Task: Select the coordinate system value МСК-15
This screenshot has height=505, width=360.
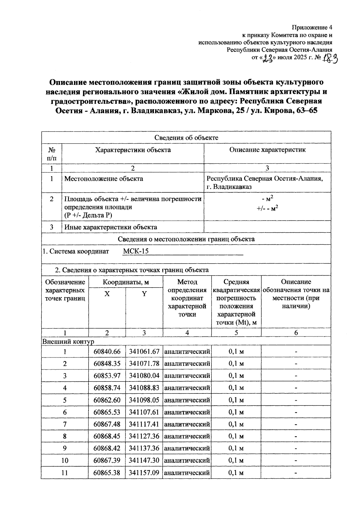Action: tap(136, 251)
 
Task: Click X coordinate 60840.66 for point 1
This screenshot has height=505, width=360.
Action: tap(107, 351)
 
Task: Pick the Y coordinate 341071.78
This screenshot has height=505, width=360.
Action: tap(144, 363)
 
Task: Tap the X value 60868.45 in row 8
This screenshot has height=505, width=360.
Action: tap(107, 436)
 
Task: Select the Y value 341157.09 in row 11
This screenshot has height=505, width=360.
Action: tap(144, 473)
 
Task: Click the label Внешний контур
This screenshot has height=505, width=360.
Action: tap(68, 342)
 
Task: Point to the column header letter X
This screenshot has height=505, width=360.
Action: tap(107, 294)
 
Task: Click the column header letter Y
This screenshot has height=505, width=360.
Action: tap(144, 294)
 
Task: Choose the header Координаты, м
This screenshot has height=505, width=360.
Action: tap(126, 282)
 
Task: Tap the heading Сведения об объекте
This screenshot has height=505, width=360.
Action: tap(186, 138)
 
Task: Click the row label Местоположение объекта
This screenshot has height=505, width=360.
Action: tap(104, 179)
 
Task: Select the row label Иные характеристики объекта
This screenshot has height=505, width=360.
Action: tap(111, 227)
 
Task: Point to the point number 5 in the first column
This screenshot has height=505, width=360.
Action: tap(64, 400)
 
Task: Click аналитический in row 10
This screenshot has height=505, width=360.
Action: tap(187, 461)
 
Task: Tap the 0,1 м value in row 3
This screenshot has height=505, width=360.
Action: tap(236, 376)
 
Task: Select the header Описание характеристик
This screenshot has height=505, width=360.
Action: tap(267, 150)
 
